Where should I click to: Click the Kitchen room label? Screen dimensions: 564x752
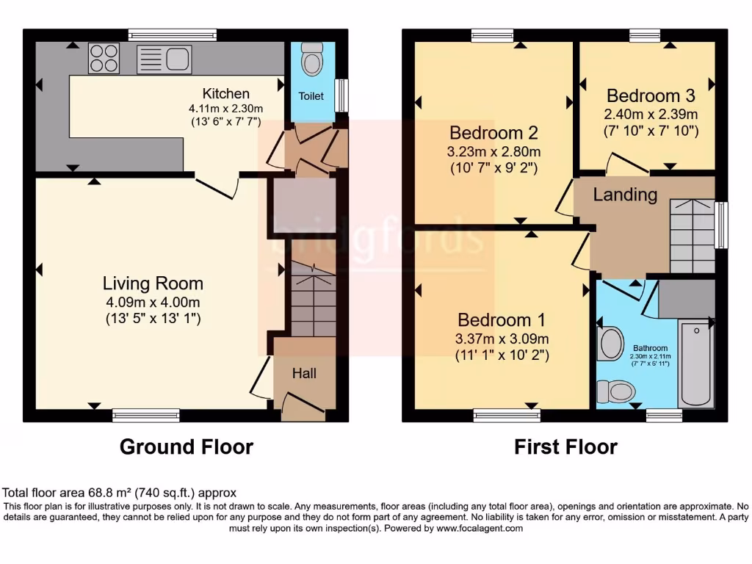point(225,93)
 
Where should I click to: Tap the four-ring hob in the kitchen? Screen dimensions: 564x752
point(104,59)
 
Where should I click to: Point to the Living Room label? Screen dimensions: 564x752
point(153,283)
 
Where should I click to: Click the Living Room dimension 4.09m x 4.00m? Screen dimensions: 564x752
point(153,302)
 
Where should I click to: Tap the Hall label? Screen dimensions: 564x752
point(304,373)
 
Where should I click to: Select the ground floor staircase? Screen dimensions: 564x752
point(314,301)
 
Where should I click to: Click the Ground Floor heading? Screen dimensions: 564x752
point(186,446)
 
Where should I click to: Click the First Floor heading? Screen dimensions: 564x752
point(565,446)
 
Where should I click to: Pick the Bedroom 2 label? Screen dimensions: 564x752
point(493,133)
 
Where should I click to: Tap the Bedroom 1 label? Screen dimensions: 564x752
point(502,320)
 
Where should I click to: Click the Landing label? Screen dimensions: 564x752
point(625,195)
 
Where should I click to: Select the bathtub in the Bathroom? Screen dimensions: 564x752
point(696,363)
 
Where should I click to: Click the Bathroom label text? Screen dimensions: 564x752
point(651,348)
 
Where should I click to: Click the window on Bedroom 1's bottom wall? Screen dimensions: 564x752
point(507,416)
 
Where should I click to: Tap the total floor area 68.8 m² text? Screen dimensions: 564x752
point(120,493)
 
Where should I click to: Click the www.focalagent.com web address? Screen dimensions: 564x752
point(479,528)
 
